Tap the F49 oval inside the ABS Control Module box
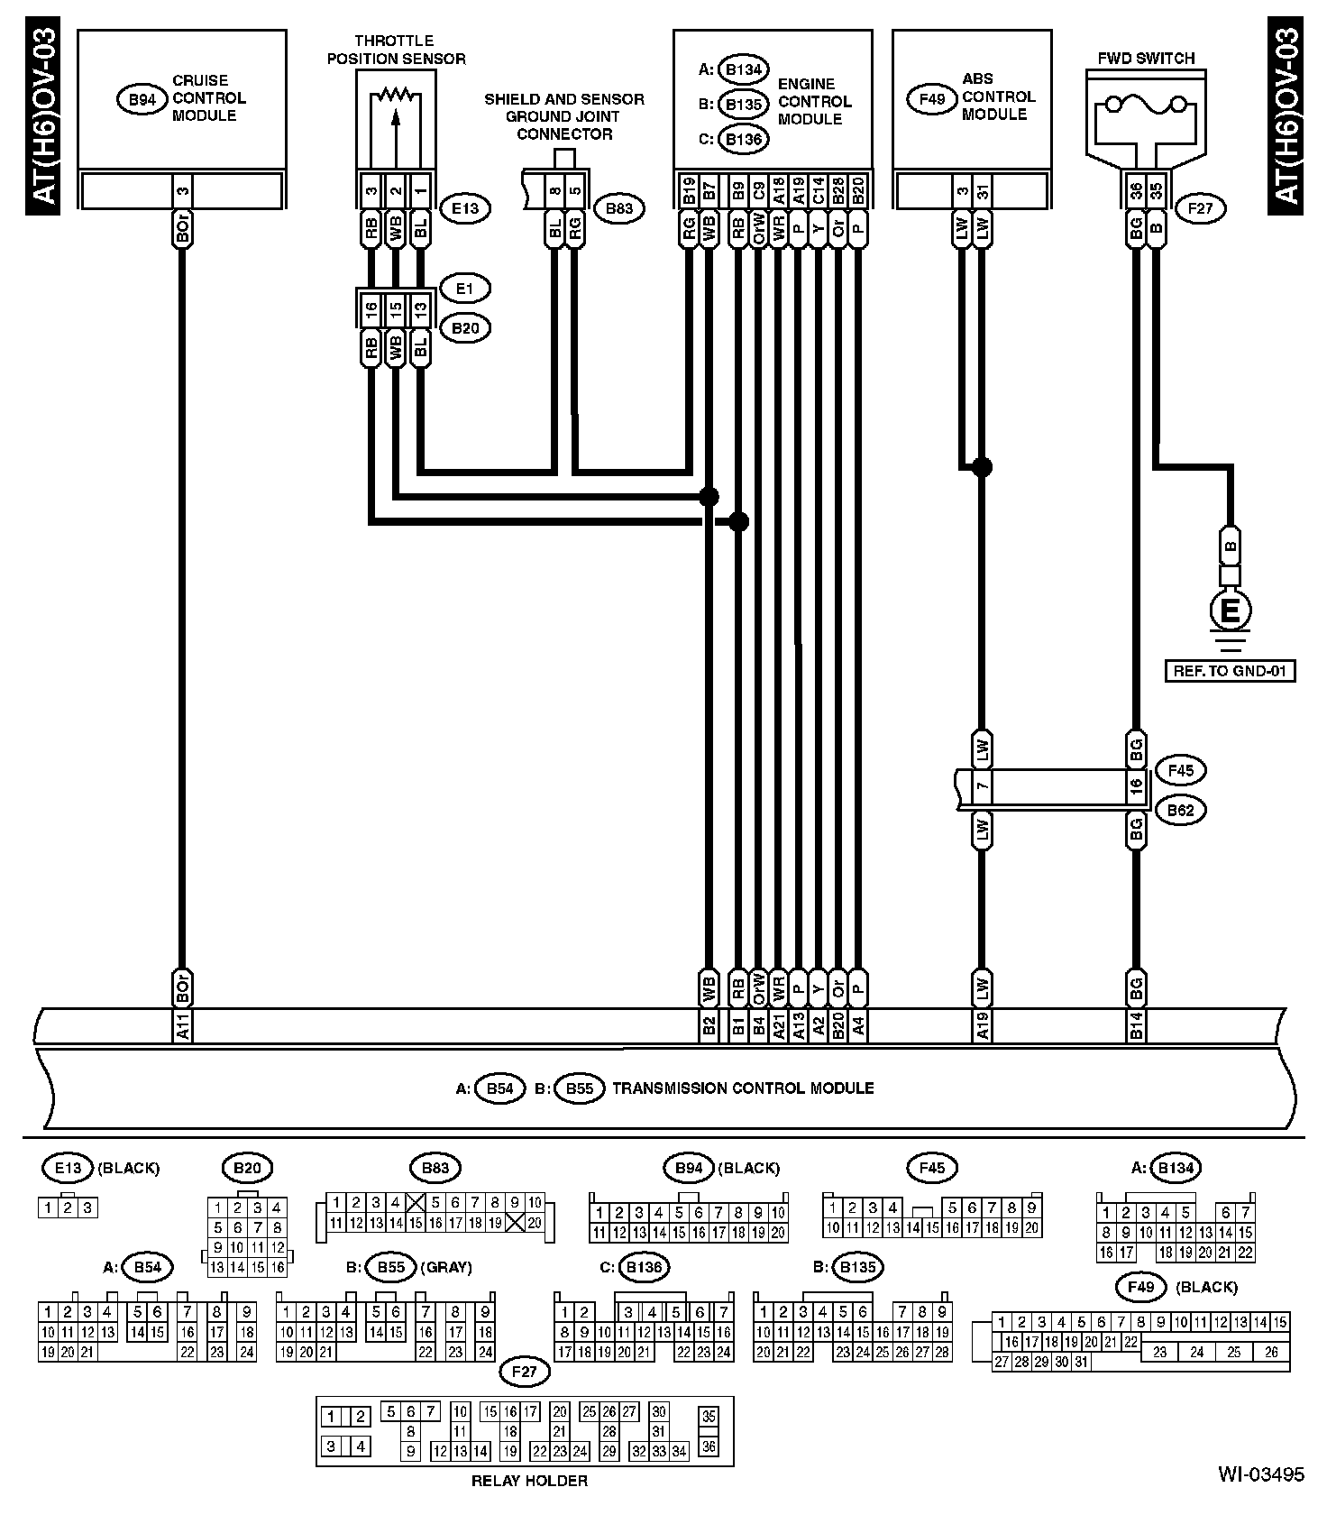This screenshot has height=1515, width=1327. coord(931,97)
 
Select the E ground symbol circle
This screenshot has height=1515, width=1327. coord(1231,612)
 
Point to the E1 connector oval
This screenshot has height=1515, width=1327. coord(465,289)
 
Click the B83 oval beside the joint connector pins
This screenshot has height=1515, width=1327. coord(618,208)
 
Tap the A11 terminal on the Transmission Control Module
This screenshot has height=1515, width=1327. coord(182,1025)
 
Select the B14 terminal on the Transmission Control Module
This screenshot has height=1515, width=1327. coord(1137,1025)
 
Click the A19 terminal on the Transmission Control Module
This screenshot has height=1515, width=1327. coord(983,1025)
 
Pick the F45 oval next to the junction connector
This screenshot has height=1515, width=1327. coord(1180,771)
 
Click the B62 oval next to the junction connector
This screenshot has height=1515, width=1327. coord(1180,810)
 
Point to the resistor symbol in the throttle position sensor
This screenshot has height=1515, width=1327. coord(394,94)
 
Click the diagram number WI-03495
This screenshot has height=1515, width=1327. coord(1261,1475)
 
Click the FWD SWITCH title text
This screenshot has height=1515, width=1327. coord(1146,59)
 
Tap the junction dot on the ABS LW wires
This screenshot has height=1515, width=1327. coord(982,466)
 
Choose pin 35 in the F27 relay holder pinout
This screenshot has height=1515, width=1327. coord(709,1416)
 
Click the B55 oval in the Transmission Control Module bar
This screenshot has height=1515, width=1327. coord(579,1088)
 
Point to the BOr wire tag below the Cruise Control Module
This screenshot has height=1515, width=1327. coord(182,229)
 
